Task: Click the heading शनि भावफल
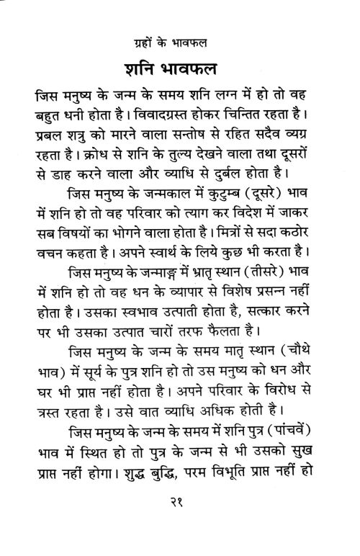click(180, 71)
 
